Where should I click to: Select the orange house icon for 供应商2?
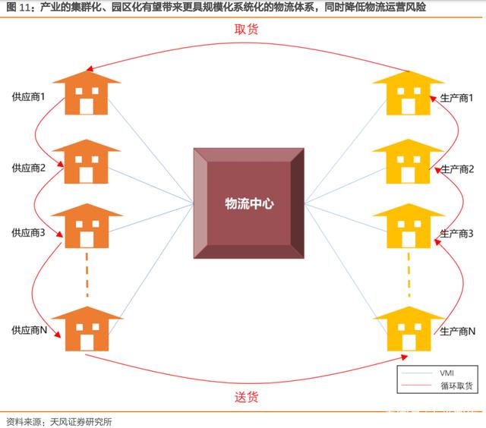86,162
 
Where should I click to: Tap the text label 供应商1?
28,98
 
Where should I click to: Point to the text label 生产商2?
457,168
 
